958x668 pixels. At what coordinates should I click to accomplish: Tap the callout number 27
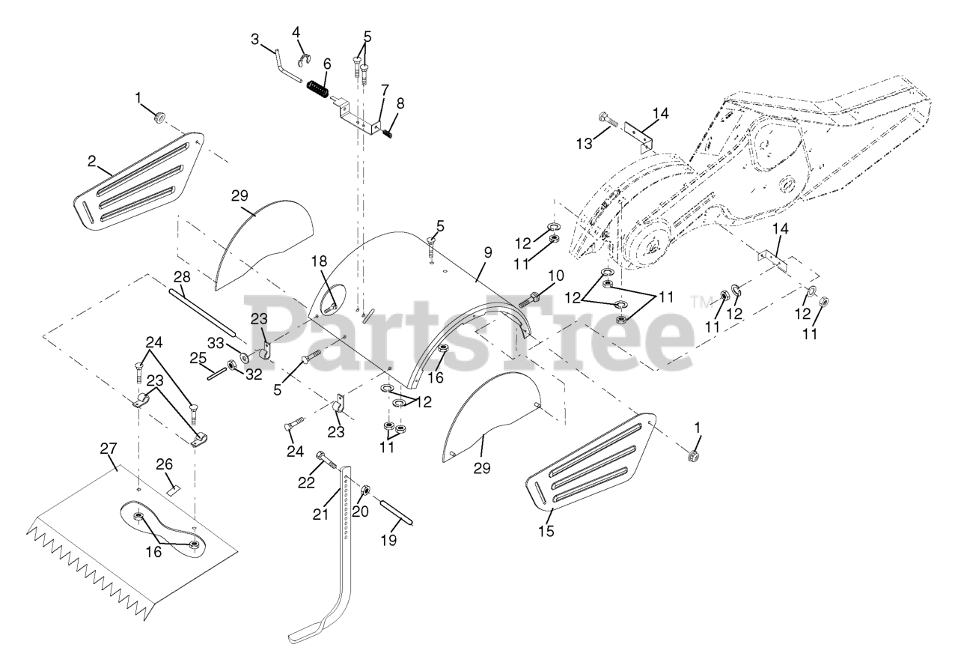point(109,449)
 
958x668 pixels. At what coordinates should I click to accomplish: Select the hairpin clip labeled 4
point(305,61)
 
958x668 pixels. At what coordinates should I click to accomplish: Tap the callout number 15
point(546,531)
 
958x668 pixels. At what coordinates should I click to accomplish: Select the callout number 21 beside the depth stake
point(321,514)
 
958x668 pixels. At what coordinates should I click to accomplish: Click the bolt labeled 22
point(327,461)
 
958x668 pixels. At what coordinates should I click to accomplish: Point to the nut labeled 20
point(366,490)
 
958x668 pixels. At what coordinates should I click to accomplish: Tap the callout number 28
point(182,277)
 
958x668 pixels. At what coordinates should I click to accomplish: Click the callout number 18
point(319,261)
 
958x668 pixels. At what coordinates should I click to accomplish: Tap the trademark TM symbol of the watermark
point(700,303)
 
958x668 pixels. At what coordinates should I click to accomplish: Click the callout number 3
point(255,40)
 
